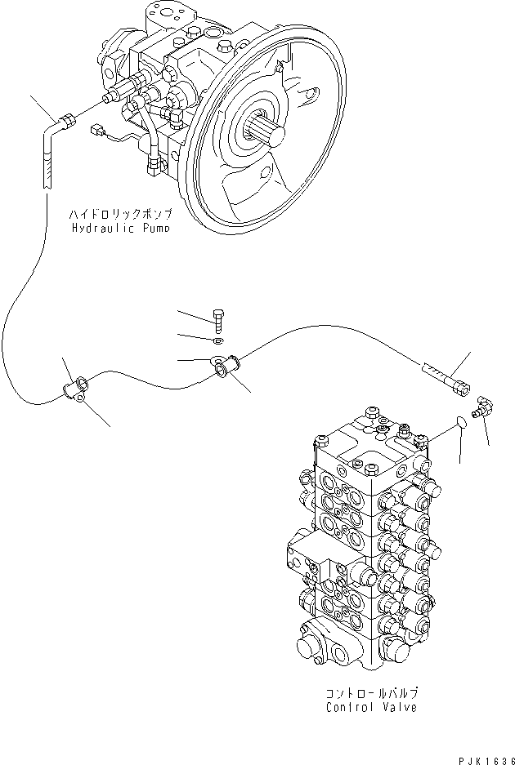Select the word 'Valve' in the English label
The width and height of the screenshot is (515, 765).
coord(400,706)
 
